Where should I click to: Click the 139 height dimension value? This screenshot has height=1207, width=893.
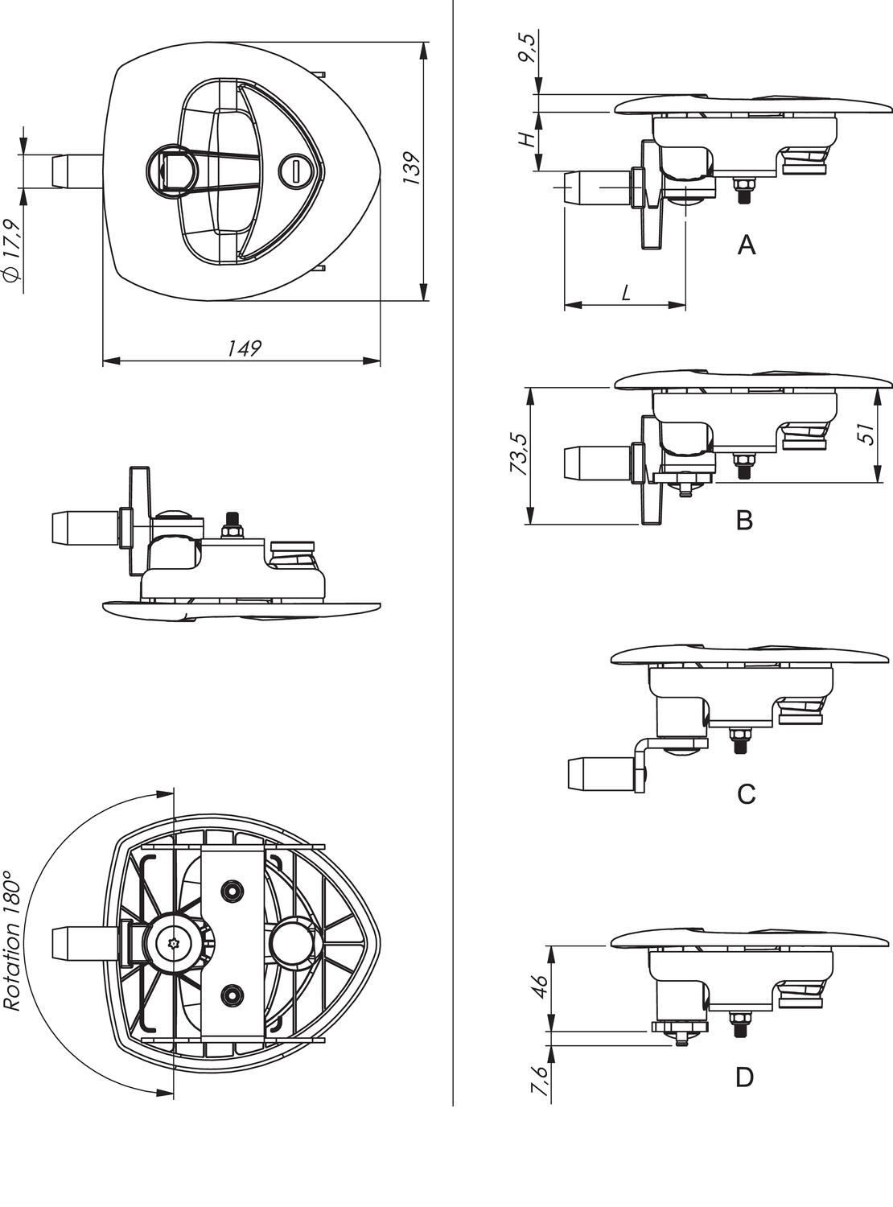tap(412, 169)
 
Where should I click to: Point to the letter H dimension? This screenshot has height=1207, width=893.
tap(527, 139)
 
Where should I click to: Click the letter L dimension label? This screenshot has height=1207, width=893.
tap(626, 294)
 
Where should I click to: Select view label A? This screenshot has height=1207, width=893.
tap(747, 245)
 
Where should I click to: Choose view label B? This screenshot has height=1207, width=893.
tap(745, 521)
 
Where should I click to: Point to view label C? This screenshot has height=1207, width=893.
tap(746, 794)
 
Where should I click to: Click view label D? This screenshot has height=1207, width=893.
tap(745, 1077)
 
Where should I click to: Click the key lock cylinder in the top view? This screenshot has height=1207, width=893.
tap(295, 170)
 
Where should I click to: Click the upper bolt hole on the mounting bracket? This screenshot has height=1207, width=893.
tap(233, 890)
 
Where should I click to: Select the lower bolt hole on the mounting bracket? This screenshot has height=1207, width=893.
tap(233, 995)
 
